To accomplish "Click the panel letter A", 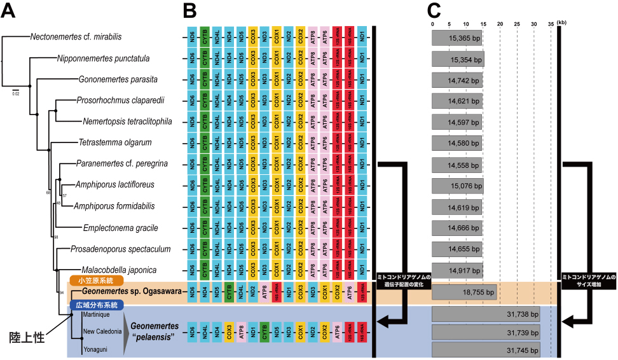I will pyautogui.click(x=9, y=11).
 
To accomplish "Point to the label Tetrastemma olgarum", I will pyautogui.click(x=115, y=142).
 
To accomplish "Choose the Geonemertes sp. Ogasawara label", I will pyautogui.click(x=131, y=291).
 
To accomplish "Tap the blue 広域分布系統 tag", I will pyautogui.click(x=95, y=305).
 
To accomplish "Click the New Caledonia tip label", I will pyautogui.click(x=101, y=331).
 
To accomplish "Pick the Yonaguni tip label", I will pyautogui.click(x=95, y=349).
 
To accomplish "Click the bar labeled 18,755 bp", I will pyautogui.click(x=464, y=292).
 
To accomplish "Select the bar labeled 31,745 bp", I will pyautogui.click(x=486, y=350).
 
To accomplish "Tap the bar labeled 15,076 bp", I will pyautogui.click(x=458, y=186).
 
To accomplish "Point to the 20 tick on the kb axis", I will pyautogui.click(x=500, y=24).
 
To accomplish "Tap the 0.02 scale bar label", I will pyautogui.click(x=15, y=93).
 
